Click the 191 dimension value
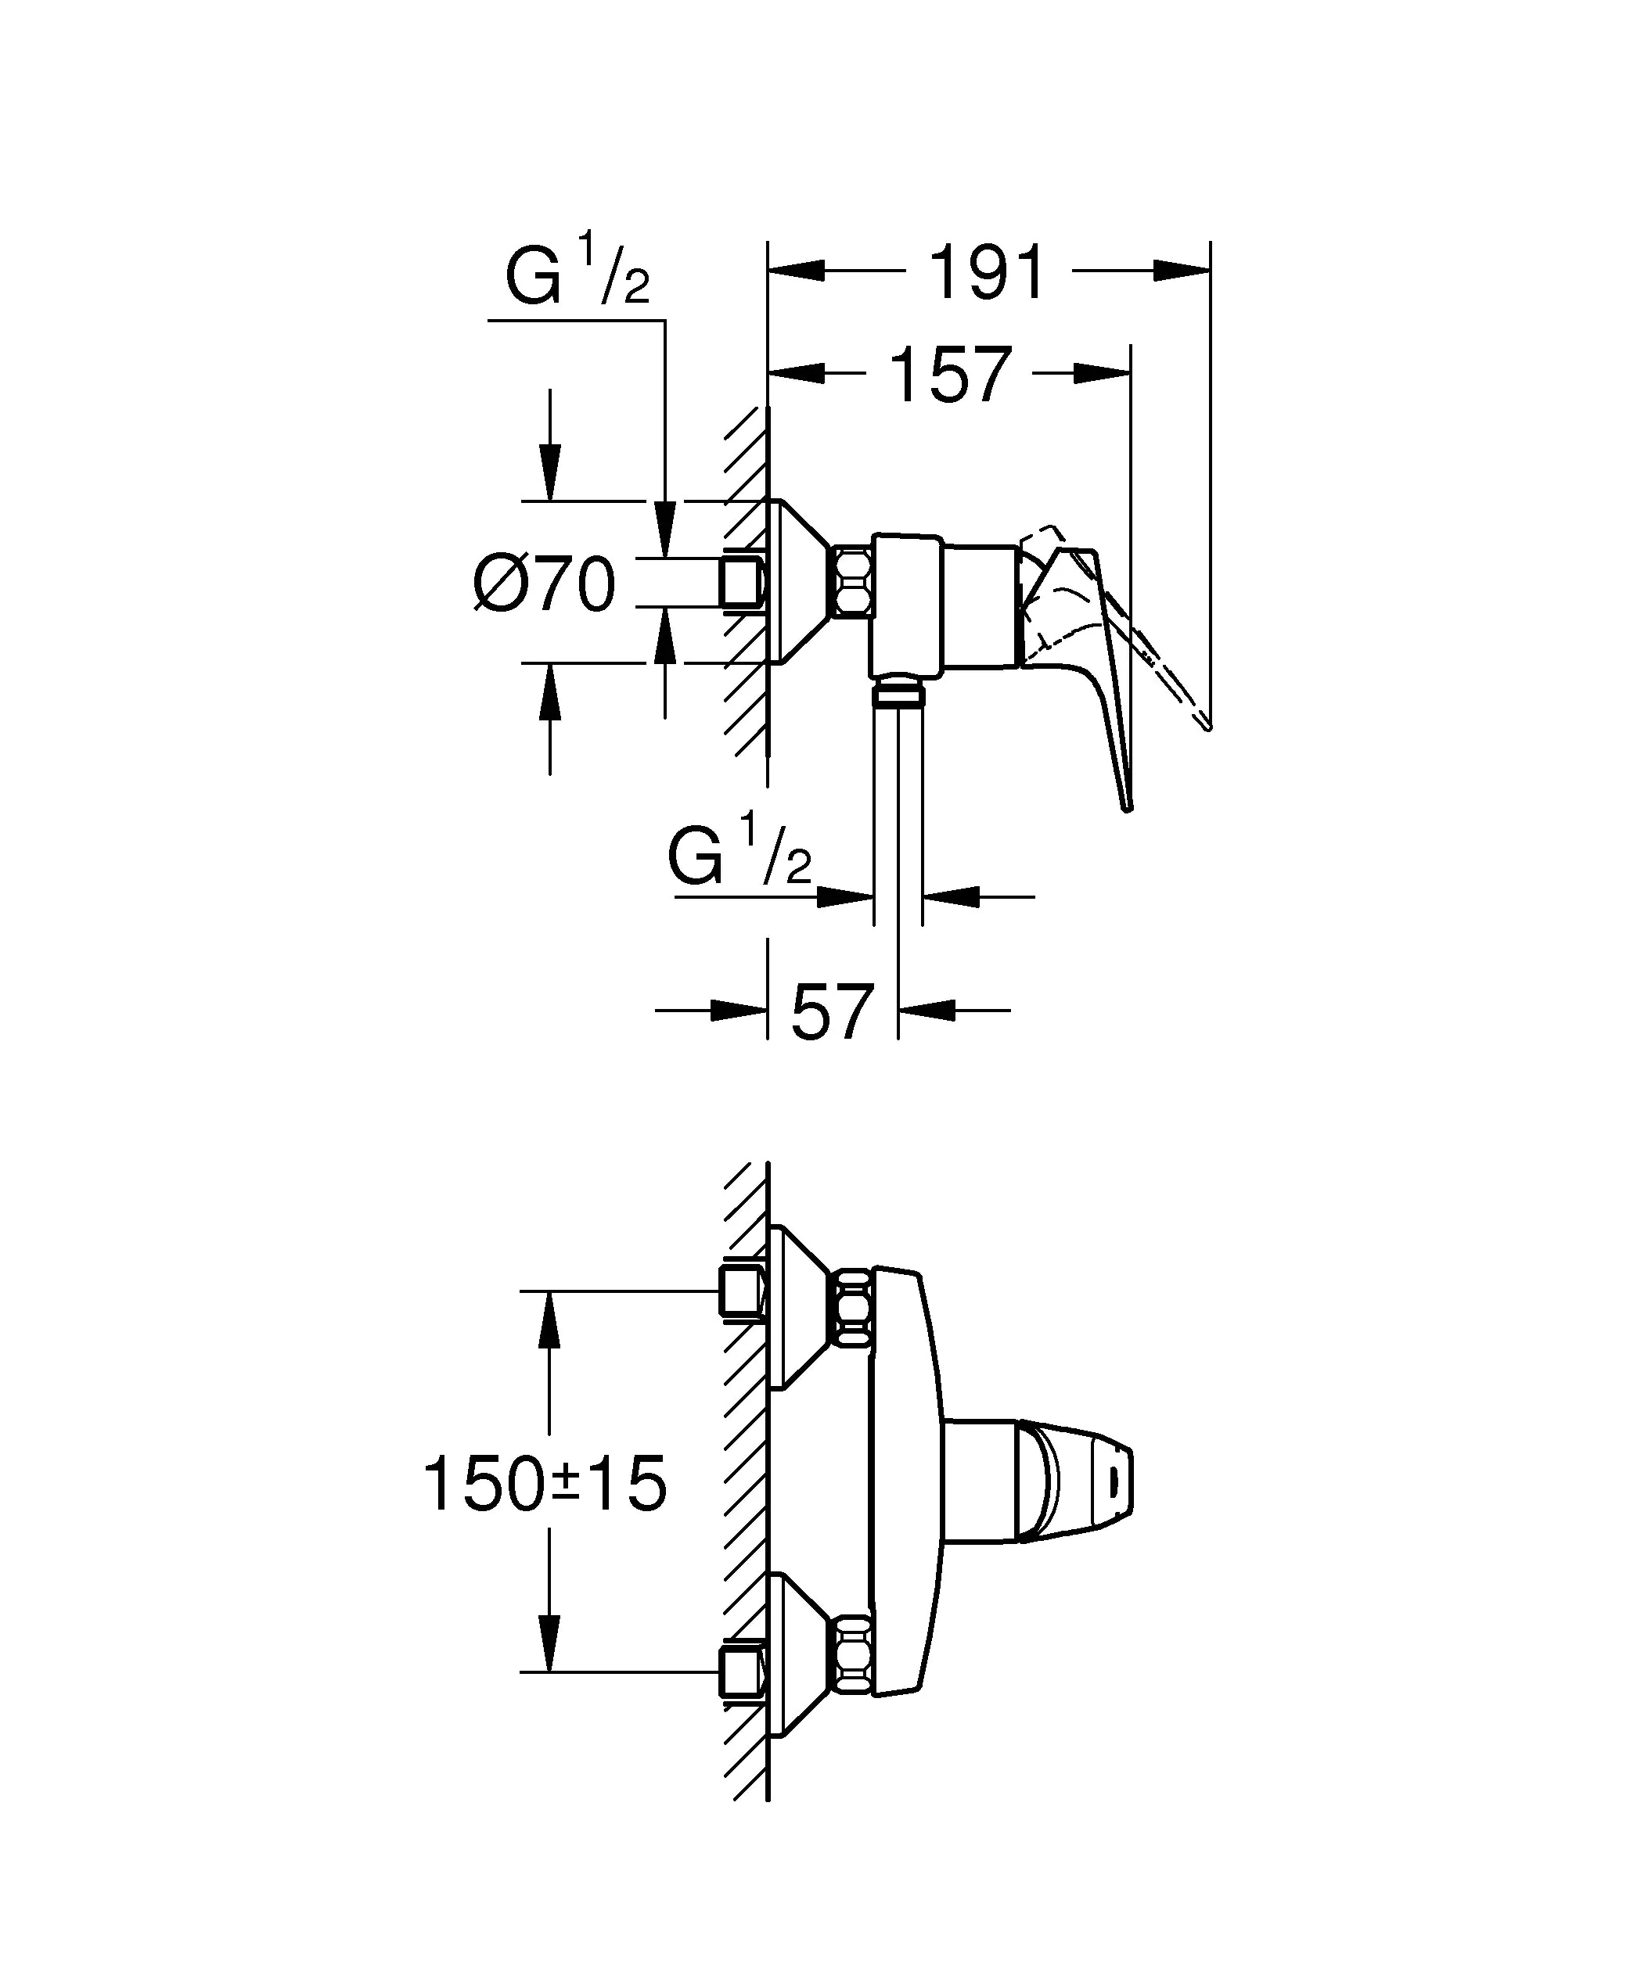(987, 274)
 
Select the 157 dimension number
(950, 375)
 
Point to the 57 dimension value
(833, 1013)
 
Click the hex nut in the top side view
(852, 583)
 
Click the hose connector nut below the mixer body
(899, 695)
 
